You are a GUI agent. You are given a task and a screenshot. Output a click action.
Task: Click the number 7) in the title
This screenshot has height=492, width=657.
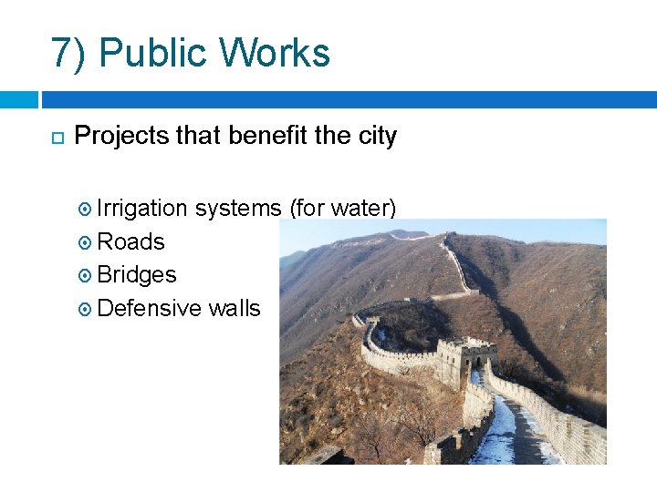click(x=69, y=54)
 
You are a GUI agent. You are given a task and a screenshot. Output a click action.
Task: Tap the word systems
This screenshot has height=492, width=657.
click(x=238, y=210)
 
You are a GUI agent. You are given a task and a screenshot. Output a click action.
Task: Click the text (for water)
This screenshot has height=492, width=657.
click(x=342, y=210)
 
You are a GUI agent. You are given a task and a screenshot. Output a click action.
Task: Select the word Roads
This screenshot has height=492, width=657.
click(x=130, y=242)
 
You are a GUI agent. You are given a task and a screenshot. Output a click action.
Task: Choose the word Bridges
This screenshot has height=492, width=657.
click(x=136, y=275)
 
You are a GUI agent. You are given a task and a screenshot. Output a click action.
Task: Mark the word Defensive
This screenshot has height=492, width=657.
click(x=149, y=308)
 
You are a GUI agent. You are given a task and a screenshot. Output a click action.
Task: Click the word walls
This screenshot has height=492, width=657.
click(x=235, y=308)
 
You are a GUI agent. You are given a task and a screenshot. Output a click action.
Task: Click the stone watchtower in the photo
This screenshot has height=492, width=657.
click(x=464, y=360)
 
